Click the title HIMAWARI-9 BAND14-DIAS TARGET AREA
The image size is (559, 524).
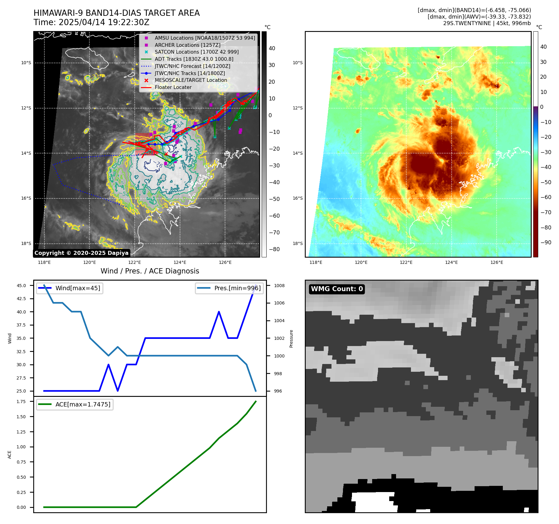(x=116, y=13)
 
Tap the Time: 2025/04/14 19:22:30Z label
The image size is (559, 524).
(x=91, y=22)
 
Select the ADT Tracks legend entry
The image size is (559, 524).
(x=194, y=59)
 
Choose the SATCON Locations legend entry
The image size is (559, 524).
(x=196, y=52)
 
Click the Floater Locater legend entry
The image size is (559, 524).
(x=173, y=87)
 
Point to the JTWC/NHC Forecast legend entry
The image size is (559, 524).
(x=192, y=66)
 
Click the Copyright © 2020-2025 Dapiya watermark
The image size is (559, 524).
(x=81, y=253)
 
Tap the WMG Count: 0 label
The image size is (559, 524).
(x=337, y=289)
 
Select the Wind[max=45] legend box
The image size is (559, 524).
(x=70, y=288)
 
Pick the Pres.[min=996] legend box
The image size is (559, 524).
(x=229, y=288)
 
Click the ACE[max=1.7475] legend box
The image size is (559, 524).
(x=75, y=404)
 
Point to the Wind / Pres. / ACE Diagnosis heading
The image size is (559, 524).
(x=150, y=271)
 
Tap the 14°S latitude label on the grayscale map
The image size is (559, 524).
(x=26, y=153)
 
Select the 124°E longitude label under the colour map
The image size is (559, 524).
(x=451, y=262)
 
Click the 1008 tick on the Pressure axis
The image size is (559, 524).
(x=279, y=286)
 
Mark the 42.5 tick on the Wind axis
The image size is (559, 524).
(x=21, y=299)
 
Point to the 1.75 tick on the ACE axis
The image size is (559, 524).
(x=21, y=402)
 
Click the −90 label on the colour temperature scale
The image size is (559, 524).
(x=546, y=242)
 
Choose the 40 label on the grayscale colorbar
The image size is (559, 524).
(x=272, y=48)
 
